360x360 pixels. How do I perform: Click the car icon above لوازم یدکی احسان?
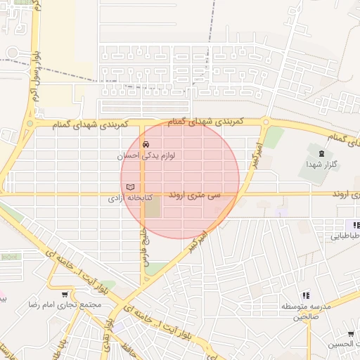point(146,143)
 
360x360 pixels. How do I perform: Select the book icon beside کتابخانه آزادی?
point(129,186)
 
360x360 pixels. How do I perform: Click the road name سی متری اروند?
point(194,194)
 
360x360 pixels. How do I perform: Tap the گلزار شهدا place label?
point(322,164)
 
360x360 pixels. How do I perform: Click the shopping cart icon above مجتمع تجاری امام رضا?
point(65,295)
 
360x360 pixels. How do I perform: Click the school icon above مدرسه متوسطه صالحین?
point(305,297)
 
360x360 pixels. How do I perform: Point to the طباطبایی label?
point(345,237)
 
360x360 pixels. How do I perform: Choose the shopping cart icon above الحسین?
point(350,334)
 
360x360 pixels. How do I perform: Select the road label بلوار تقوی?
point(108,328)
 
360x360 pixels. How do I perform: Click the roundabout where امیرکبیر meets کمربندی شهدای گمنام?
point(265,122)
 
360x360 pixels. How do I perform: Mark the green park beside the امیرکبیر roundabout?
point(274,137)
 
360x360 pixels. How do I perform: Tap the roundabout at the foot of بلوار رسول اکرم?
point(30,124)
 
